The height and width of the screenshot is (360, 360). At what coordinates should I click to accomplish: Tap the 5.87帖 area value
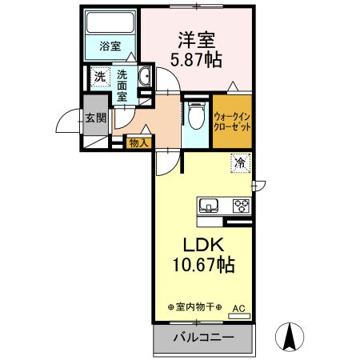(x=194, y=59)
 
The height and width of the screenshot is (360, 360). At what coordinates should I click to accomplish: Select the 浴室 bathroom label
(x=110, y=47)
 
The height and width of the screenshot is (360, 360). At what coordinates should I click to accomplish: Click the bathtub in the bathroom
(x=111, y=24)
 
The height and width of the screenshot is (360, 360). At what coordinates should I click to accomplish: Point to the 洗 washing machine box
(x=99, y=77)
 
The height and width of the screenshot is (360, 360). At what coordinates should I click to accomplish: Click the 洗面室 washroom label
(x=122, y=85)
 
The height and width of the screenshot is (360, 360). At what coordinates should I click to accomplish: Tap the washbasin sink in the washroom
(x=146, y=78)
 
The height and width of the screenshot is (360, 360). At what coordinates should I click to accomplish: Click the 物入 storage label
(x=138, y=142)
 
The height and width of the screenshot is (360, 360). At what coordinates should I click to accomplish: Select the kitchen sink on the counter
(x=210, y=206)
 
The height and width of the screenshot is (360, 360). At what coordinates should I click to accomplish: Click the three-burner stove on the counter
(x=241, y=206)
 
